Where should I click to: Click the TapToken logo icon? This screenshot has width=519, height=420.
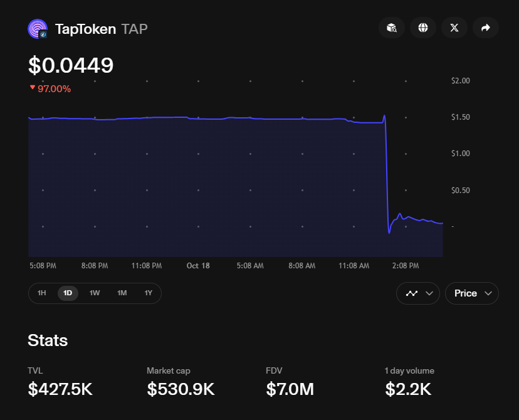click(38, 29)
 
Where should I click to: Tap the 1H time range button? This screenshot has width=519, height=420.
click(41, 293)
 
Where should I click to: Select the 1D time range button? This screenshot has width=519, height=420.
click(68, 293)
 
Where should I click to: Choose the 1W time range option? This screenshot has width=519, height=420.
click(95, 293)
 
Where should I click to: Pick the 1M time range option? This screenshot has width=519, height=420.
click(122, 293)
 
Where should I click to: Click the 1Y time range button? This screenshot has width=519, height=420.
click(149, 293)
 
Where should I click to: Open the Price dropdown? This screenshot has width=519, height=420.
click(471, 293)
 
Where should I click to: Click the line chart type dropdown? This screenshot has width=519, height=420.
click(418, 293)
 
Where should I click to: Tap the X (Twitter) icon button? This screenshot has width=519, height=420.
click(454, 28)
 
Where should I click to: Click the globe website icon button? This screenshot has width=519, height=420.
click(423, 28)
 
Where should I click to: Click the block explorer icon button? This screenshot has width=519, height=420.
click(392, 28)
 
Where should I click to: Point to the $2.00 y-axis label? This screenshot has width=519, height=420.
click(460, 81)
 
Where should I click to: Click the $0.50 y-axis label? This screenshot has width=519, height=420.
click(460, 191)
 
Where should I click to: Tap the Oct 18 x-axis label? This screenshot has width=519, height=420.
click(198, 266)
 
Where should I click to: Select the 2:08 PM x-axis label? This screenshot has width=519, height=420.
click(406, 266)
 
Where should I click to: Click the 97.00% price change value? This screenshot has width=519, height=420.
click(54, 89)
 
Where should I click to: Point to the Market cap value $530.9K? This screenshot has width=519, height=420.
click(181, 389)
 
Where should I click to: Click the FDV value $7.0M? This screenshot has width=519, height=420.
click(290, 389)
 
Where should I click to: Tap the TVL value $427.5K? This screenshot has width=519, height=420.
click(60, 389)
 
